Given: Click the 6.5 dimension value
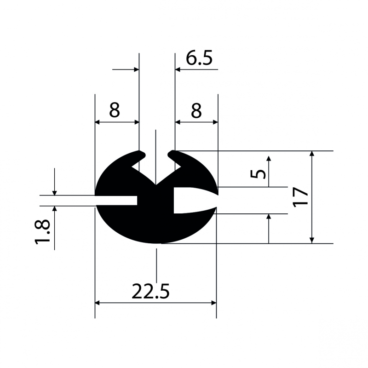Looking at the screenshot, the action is [x=199, y=58].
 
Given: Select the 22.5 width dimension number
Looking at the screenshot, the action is [x=150, y=291].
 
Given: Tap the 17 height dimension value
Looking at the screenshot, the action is [x=300, y=197].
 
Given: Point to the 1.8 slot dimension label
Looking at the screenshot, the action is [x=42, y=232].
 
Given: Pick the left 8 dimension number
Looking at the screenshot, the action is [x=115, y=110].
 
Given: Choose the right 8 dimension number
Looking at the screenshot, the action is [x=196, y=111].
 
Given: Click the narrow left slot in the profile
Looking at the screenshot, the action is [x=116, y=200].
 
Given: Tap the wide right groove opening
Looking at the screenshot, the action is [x=195, y=200].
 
